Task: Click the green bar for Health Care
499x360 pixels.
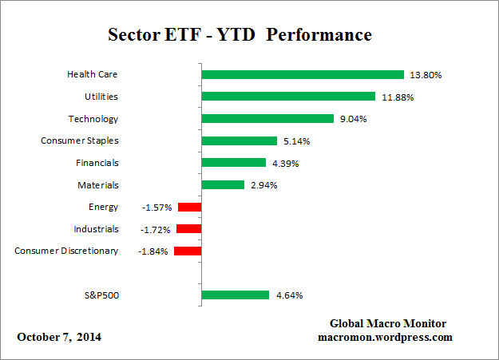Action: pyautogui.click(x=303, y=75)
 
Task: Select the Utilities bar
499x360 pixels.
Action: pyautogui.click(x=288, y=97)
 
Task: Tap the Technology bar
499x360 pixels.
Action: pyautogui.click(x=267, y=119)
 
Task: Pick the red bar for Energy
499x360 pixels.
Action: pyautogui.click(x=189, y=207)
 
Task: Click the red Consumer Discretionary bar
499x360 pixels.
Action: pyautogui.click(x=188, y=251)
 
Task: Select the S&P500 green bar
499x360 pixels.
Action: pyautogui.click(x=236, y=295)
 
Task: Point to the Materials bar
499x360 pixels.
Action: pyautogui.click(x=223, y=184)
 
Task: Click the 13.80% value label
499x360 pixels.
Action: pyautogui.click(x=426, y=75)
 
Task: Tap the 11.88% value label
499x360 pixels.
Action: pyautogui.click(x=397, y=97)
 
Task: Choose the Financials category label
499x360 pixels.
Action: pyautogui.click(x=97, y=163)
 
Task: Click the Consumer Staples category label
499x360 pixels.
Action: pyautogui.click(x=80, y=140)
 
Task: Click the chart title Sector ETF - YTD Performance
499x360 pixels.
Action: pyautogui.click(x=240, y=36)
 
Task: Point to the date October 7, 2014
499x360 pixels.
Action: pyautogui.click(x=59, y=337)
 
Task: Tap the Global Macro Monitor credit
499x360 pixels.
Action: pyautogui.click(x=387, y=323)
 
